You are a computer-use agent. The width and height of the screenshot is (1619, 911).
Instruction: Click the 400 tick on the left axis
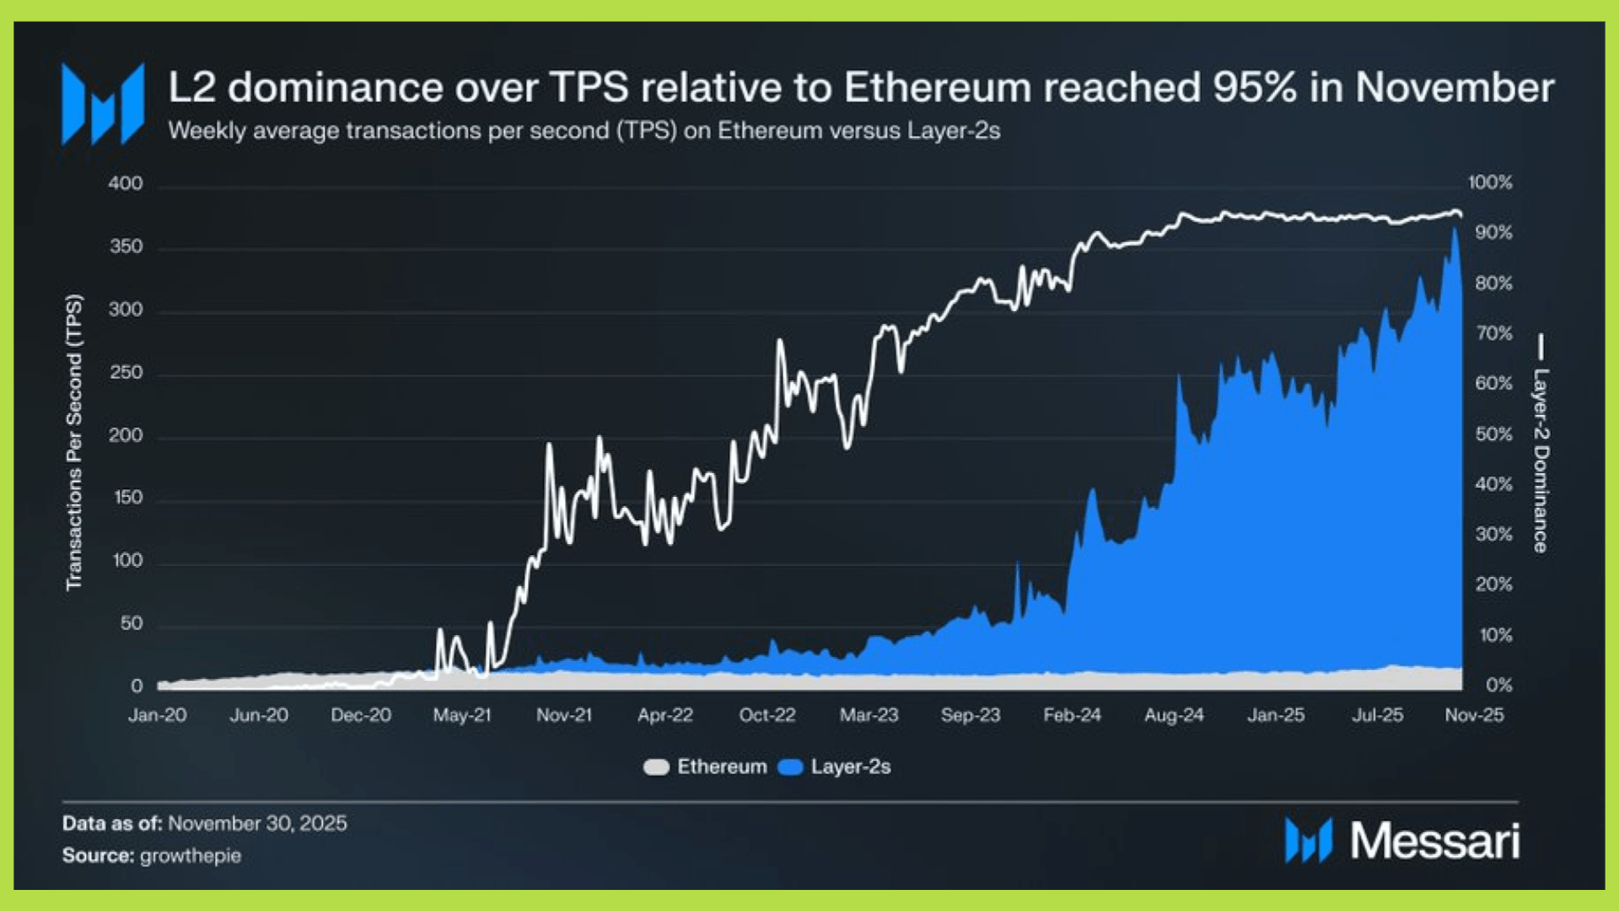coord(126,183)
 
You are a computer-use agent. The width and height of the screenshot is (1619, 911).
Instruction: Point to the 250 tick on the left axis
coord(126,372)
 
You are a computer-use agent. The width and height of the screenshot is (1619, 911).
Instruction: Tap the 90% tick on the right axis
coord(1493,232)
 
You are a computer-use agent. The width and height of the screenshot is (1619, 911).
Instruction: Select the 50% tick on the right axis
coord(1493,434)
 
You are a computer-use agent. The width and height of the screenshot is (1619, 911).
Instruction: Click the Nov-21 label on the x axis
coord(564,715)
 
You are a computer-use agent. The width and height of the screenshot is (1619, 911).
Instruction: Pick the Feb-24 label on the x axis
coord(1072,715)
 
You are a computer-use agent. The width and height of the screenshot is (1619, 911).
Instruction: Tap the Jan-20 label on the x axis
coord(158,715)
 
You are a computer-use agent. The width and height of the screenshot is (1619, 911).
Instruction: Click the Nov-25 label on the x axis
coord(1474,715)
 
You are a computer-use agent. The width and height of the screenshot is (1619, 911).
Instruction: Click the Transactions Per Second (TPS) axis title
coord(74,442)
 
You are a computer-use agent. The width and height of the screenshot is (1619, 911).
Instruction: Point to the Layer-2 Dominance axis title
coord(1541,460)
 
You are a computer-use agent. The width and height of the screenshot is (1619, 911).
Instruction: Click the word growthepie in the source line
coord(191,855)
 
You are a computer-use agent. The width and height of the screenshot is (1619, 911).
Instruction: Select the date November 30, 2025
coord(257,823)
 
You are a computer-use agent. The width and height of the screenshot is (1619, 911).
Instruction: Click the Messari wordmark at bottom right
coord(1434,841)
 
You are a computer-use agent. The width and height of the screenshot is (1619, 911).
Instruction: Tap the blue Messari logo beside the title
coord(103,104)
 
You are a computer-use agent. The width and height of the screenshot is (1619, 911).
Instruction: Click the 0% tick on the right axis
coord(1498,685)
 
